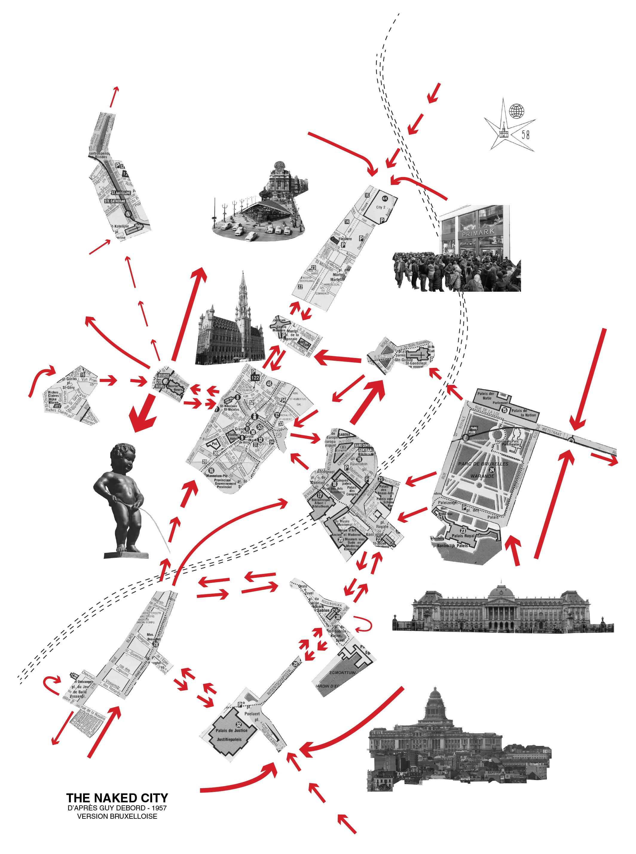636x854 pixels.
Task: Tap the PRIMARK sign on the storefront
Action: pos(478,232)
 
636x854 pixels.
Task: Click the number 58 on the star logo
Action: pos(525,134)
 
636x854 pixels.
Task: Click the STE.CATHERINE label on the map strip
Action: pos(115,201)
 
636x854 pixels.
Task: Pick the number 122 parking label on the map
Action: pos(255,378)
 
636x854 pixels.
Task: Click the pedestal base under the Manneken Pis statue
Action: pos(126,555)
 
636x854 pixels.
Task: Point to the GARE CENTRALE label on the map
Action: pos(364,447)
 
